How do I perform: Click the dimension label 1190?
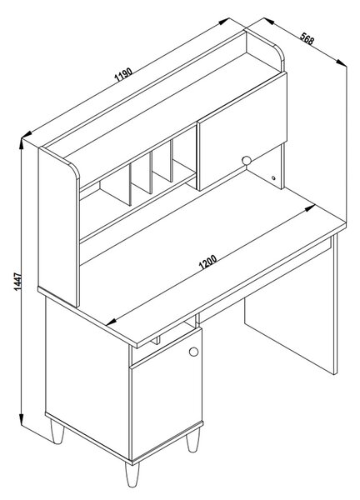[123, 75]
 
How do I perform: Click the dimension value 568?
[307, 38]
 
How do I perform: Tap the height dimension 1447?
[18, 282]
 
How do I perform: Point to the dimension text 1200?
[207, 262]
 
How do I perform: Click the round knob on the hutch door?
[247, 160]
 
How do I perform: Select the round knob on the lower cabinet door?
[193, 352]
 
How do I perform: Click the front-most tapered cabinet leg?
[132, 474]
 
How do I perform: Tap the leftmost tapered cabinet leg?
[57, 431]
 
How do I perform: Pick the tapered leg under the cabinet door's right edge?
[192, 440]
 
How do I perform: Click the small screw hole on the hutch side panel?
[273, 178]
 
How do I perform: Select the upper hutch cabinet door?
[242, 131]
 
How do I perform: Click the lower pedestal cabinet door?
[166, 395]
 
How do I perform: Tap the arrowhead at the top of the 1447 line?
[21, 144]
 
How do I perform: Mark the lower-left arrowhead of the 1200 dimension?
[111, 322]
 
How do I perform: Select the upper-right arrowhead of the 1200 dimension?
[310, 207]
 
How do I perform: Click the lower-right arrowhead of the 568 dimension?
[341, 62]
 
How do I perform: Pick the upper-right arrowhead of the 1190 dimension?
[224, 21]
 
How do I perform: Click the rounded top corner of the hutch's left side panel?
[75, 169]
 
